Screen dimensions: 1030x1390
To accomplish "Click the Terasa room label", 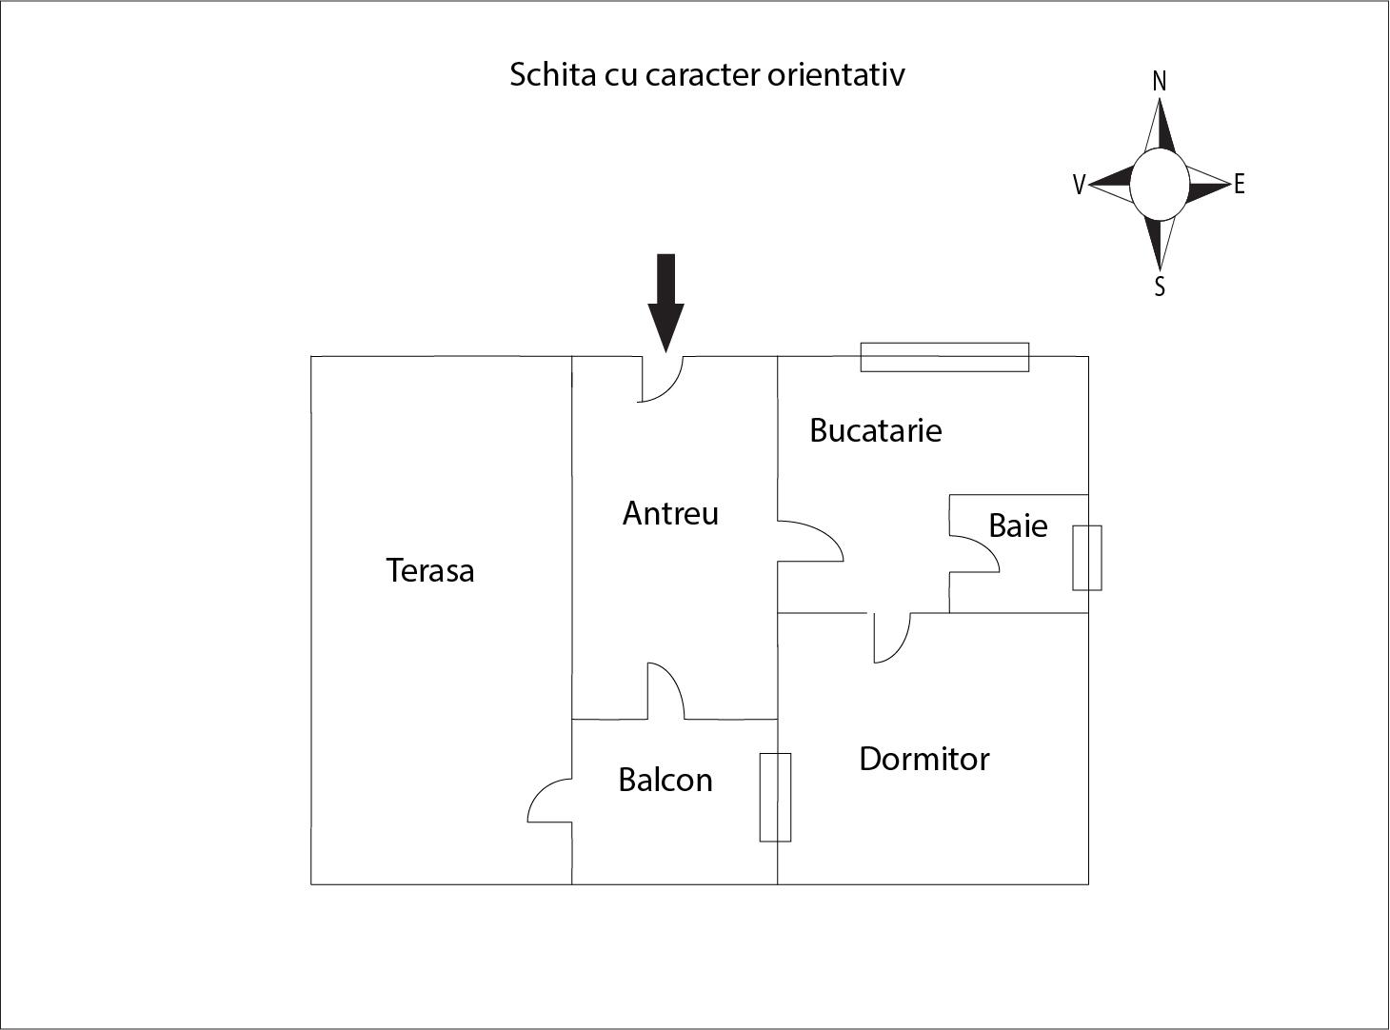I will coord(430,570).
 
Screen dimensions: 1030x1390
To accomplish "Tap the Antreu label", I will coord(670,513).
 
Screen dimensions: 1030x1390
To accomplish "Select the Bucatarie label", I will coord(875,430).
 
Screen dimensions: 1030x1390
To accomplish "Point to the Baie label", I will coord(1018,525).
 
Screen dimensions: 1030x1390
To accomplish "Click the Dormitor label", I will coord(923,759).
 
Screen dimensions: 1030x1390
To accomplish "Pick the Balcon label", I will coord(665,780).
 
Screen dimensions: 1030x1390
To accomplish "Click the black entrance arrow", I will coord(666,301).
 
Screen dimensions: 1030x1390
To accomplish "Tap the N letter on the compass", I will coord(1159,82).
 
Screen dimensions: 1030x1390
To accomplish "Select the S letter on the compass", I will coord(1160,287).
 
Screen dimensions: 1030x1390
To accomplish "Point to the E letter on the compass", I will coord(1239,185).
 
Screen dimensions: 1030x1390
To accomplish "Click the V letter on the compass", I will coord(1079,185).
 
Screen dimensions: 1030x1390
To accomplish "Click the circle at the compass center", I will coord(1159,185).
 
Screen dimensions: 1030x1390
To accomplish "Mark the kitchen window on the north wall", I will coord(944,357).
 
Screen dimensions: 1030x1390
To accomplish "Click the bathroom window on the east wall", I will coord(1087,558).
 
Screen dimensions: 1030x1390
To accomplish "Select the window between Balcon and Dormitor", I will coord(775,798).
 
